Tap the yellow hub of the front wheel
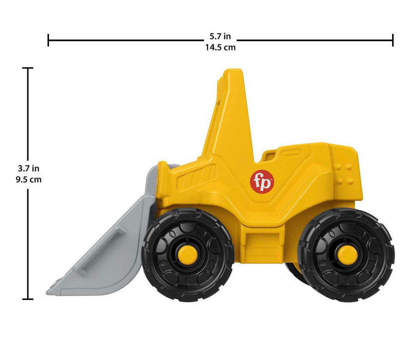tap(188, 254)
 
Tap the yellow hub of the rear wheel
tap(347, 255)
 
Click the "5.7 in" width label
tap(220, 36)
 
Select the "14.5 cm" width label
tap(220, 48)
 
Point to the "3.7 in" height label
tap(28, 169)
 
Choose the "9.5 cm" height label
tap(28, 180)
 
